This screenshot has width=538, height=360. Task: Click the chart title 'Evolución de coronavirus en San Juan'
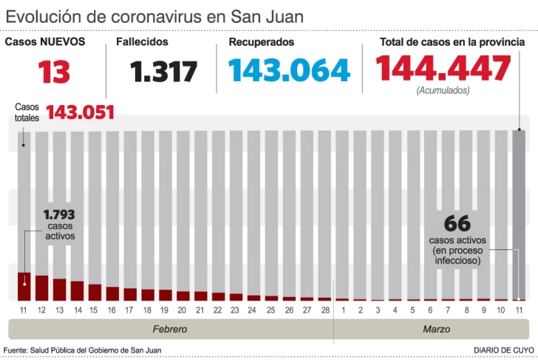coord(154,16)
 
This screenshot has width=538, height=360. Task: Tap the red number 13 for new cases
coord(55,72)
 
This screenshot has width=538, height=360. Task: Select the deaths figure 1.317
coord(164,72)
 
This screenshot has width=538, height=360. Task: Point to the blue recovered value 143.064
coord(289,70)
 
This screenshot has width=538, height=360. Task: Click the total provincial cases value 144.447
coord(443,69)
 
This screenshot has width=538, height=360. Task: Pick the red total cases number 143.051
coord(81,112)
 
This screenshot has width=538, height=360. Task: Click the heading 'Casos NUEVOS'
coord(45,42)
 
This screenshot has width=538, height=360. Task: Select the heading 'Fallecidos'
coord(142,42)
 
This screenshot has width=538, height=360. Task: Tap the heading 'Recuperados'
coord(261,42)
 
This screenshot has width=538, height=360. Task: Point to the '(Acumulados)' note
coord(443,91)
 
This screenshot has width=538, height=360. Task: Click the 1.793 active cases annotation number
coord(59,215)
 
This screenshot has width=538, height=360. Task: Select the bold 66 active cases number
coord(457,223)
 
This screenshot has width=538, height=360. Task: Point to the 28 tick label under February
coord(324,310)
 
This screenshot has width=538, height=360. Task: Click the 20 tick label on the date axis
coord(181,310)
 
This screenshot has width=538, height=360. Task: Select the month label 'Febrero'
coord(170,329)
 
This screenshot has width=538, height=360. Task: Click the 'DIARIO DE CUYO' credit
coord(504,350)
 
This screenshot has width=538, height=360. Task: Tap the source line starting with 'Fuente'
coord(83,350)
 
